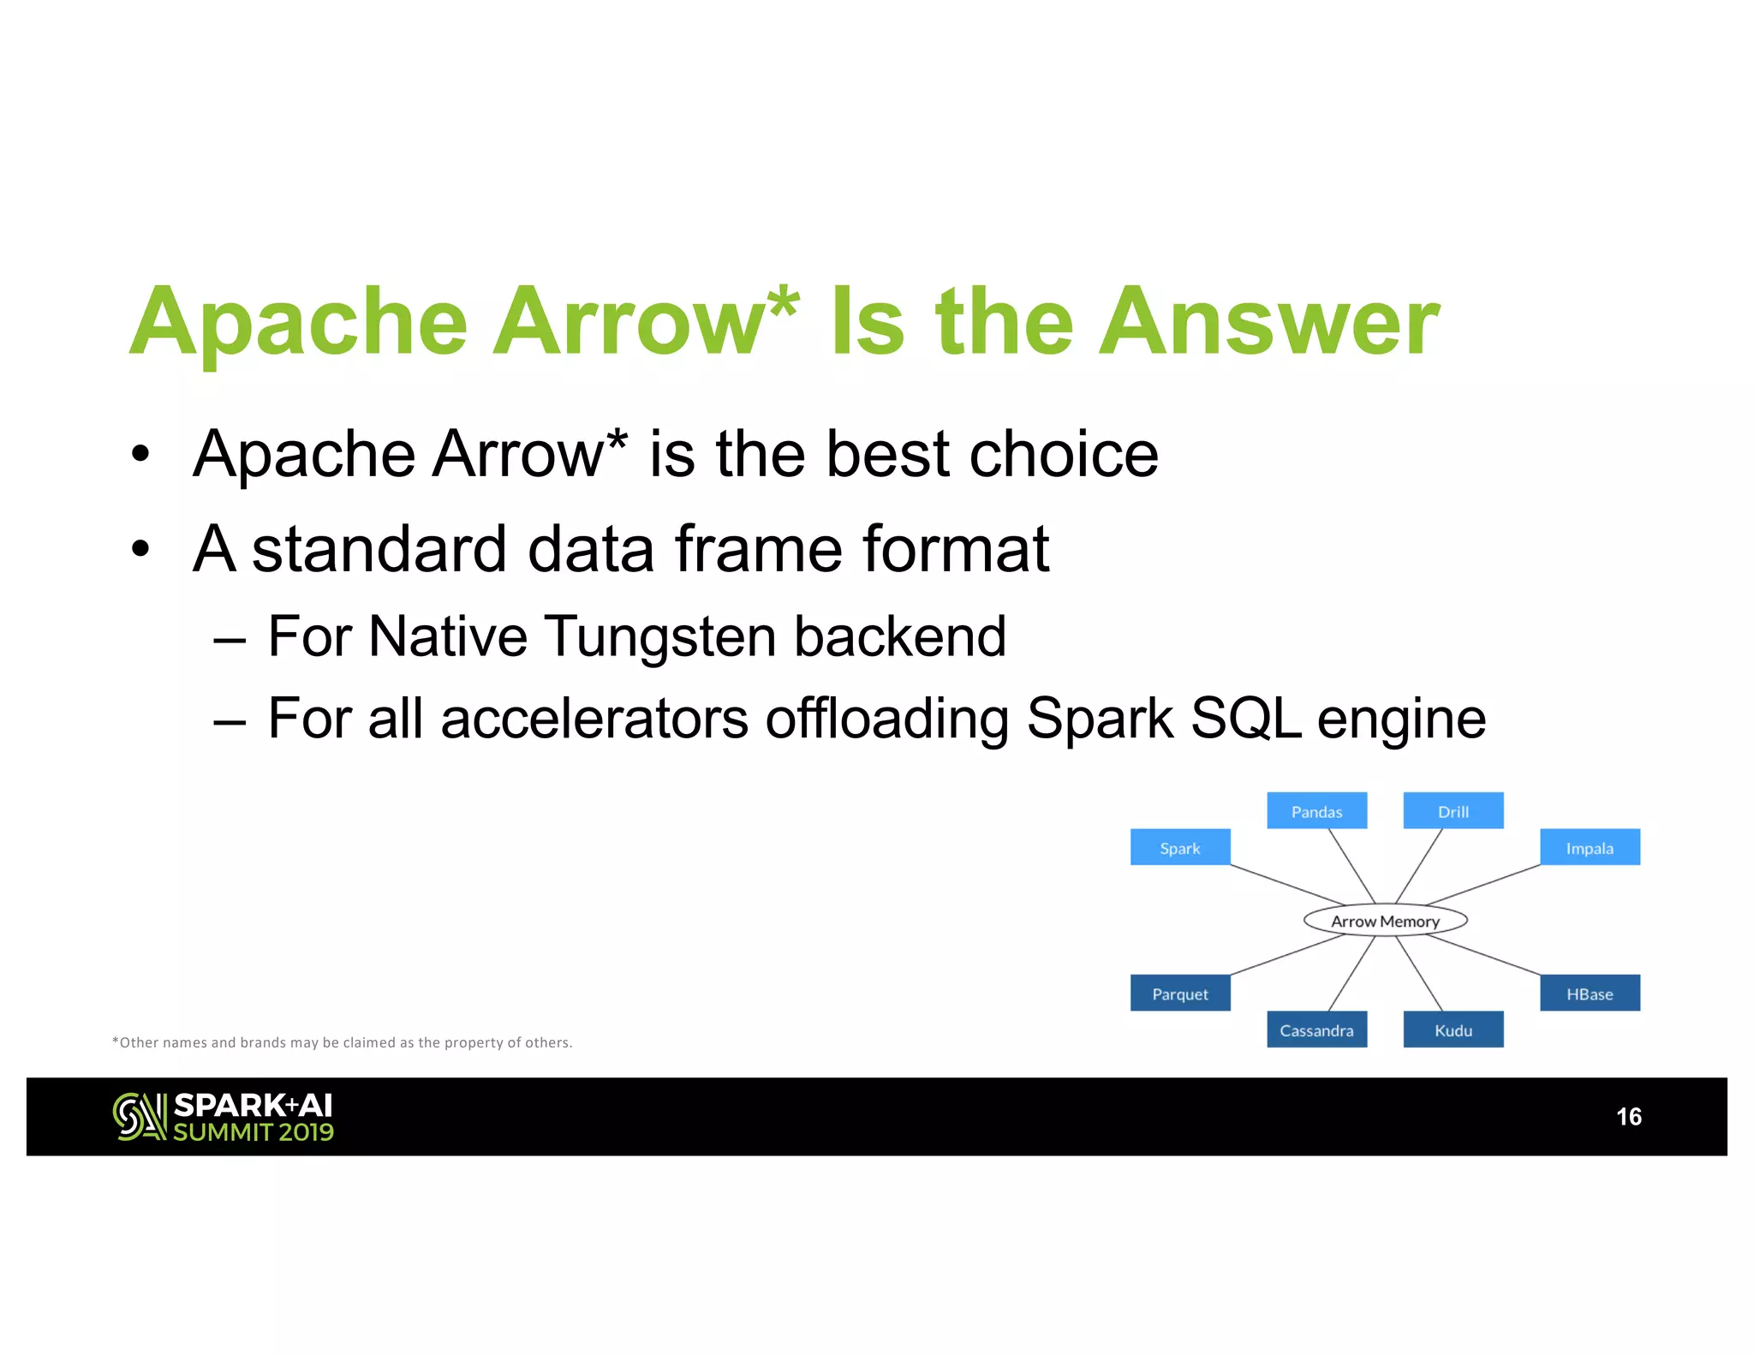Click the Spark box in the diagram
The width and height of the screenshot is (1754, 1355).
1179,847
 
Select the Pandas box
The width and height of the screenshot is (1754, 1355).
1316,810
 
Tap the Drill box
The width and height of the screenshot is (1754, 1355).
1453,810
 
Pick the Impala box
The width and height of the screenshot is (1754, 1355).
1590,847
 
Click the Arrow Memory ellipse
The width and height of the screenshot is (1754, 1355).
1385,921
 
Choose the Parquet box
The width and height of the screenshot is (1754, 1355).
1179,993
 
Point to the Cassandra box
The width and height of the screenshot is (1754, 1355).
1316,1030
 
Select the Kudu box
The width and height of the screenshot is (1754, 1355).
1453,1030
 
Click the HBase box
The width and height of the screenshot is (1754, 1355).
1590,993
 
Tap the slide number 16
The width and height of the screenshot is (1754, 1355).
1628,1116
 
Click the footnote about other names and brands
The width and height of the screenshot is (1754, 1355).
343,1042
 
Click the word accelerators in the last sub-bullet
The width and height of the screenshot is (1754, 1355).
594,718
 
